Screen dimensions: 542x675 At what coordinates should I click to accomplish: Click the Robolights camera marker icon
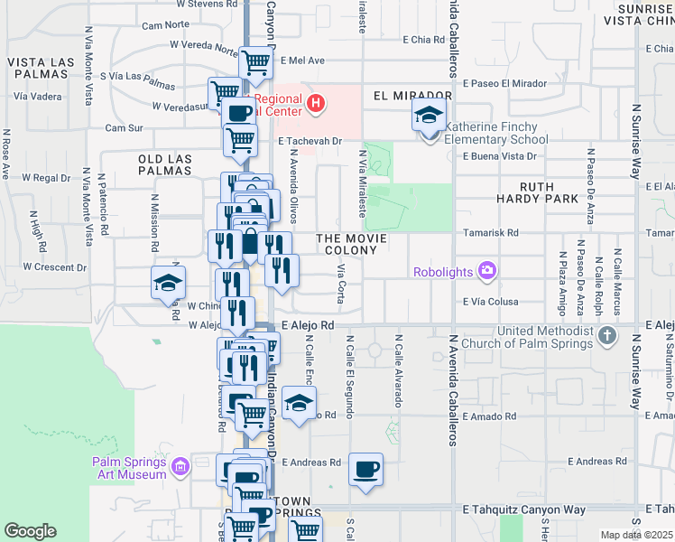pyautogui.click(x=488, y=270)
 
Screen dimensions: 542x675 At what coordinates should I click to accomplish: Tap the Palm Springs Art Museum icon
pyautogui.click(x=180, y=467)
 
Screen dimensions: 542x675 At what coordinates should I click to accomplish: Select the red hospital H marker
pyautogui.click(x=315, y=103)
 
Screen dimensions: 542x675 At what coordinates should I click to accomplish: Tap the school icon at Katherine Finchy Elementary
pyautogui.click(x=429, y=116)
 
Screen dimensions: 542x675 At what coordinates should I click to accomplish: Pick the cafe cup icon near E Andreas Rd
pyautogui.click(x=365, y=470)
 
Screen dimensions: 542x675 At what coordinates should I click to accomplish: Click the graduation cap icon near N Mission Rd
pyautogui.click(x=168, y=284)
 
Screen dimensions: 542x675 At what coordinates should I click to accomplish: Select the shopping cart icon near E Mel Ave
pyautogui.click(x=256, y=63)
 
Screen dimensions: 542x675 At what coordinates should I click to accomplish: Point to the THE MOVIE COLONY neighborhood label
pyautogui.click(x=352, y=244)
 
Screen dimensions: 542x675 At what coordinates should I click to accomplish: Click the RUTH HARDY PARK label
pyautogui.click(x=537, y=191)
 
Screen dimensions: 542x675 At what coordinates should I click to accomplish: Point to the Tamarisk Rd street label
pyautogui.click(x=492, y=232)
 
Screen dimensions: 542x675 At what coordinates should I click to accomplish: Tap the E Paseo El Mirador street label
pyautogui.click(x=504, y=83)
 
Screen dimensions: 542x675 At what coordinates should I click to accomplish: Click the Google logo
pyautogui.click(x=29, y=531)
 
